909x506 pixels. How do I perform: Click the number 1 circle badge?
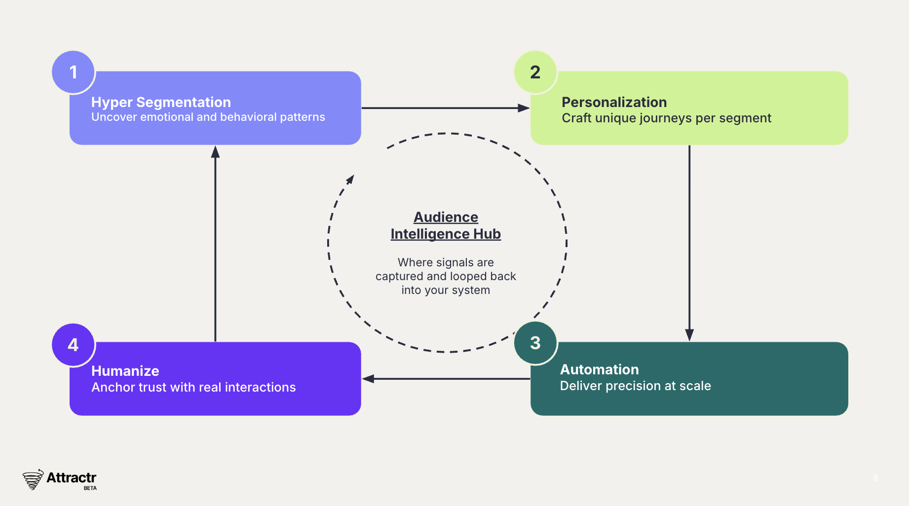click(x=73, y=72)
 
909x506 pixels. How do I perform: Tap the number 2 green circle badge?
click(x=535, y=72)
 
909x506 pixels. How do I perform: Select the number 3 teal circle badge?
click(x=535, y=343)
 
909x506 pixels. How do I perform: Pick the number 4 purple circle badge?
click(x=73, y=345)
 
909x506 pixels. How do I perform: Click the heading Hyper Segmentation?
click(x=161, y=102)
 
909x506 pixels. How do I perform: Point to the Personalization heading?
click(x=614, y=102)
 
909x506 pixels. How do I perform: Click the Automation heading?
click(x=599, y=369)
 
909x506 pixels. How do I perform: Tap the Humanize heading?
click(x=125, y=371)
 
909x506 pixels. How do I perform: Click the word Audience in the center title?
click(x=446, y=217)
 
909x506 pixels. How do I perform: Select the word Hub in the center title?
click(x=487, y=234)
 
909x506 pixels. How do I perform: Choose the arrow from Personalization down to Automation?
click(x=689, y=242)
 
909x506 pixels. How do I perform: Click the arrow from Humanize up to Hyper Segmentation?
click(x=215, y=242)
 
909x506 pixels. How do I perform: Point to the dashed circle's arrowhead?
click(x=350, y=179)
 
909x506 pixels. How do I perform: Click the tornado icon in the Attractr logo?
click(x=33, y=479)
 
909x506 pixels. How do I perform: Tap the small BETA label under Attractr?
click(x=90, y=488)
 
